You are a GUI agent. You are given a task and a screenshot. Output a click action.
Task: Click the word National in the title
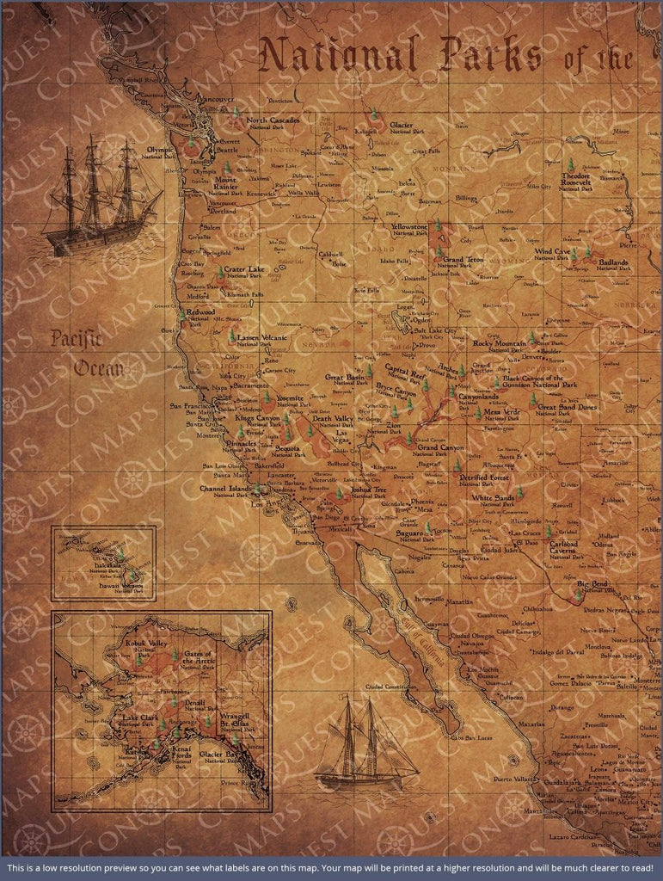339,55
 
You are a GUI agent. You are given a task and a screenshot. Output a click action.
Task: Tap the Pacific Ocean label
75,353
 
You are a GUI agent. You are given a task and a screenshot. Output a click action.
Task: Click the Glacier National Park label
407,127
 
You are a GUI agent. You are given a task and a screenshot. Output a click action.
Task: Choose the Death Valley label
332,419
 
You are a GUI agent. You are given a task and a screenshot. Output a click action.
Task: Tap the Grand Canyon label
440,448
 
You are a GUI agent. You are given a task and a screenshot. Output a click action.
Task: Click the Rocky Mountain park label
500,344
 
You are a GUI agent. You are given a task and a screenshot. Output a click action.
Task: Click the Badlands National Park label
614,263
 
